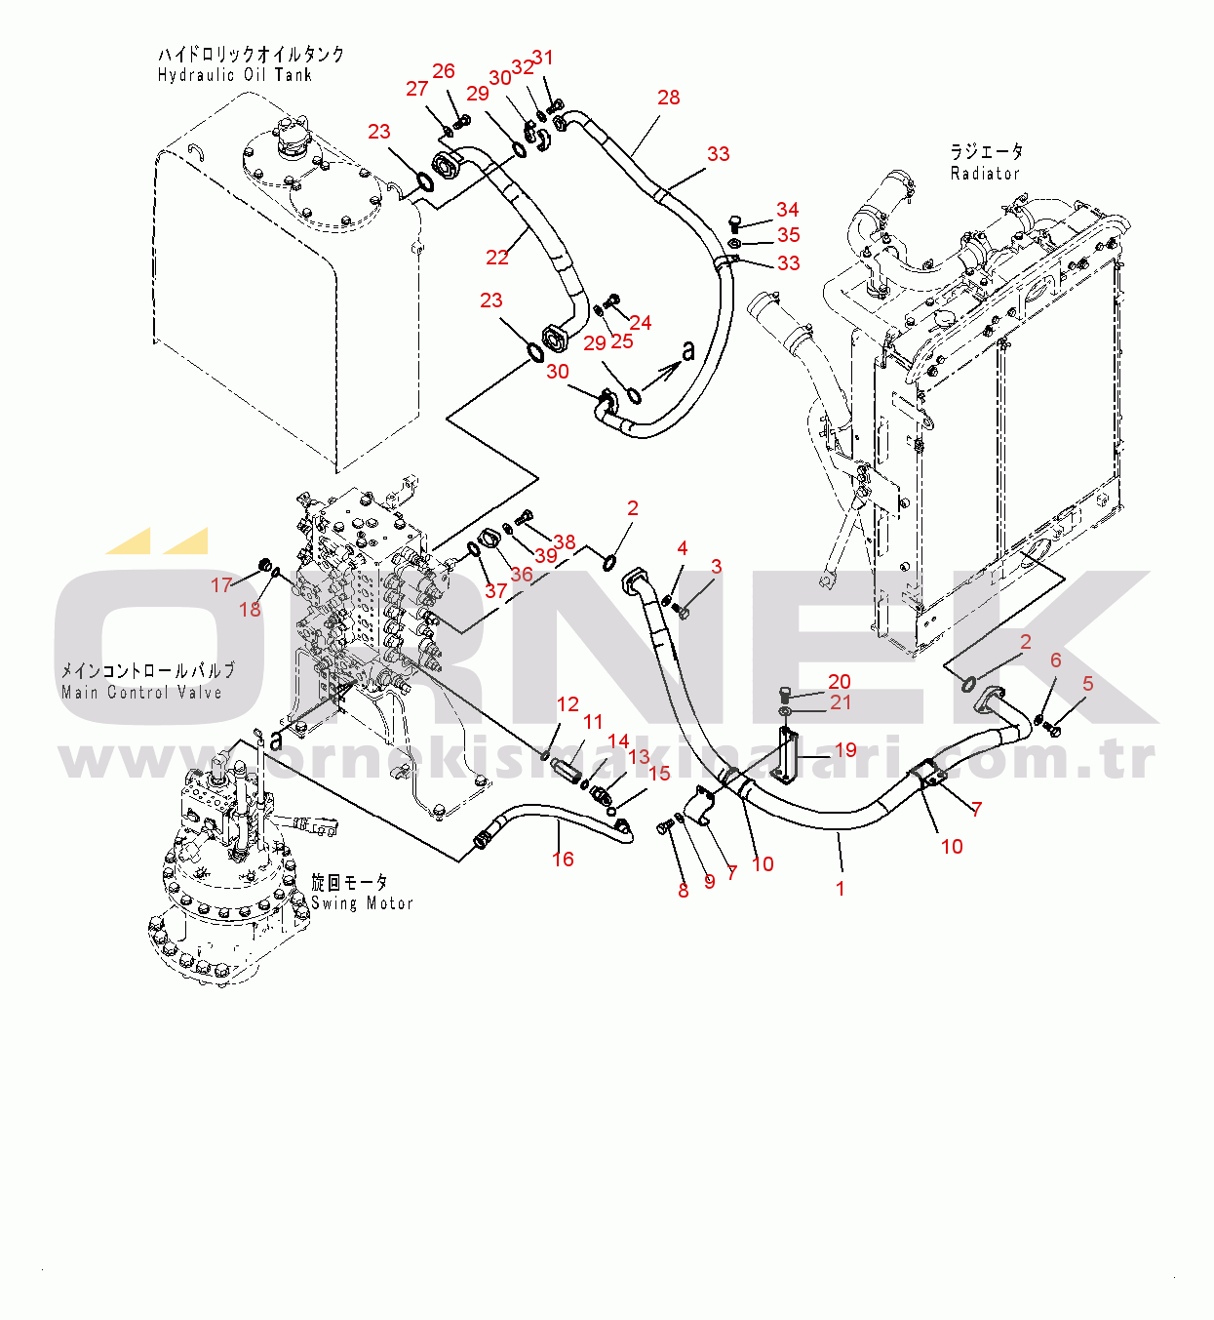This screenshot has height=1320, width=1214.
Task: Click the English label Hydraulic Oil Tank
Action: (x=234, y=75)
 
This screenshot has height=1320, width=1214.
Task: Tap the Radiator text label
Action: (x=984, y=173)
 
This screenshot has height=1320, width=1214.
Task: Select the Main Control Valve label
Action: (x=141, y=692)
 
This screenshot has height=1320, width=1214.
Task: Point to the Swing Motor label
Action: (x=362, y=902)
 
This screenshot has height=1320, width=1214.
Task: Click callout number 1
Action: (x=840, y=889)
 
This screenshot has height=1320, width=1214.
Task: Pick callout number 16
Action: (x=563, y=859)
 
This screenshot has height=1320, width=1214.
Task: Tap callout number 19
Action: (x=845, y=749)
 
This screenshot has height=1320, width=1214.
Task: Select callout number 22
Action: (x=496, y=257)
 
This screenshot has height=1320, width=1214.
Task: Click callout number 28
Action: (x=669, y=98)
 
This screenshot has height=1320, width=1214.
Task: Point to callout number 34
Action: (x=788, y=209)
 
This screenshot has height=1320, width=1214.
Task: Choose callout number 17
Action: (x=221, y=584)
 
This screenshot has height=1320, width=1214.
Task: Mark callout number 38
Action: (x=564, y=541)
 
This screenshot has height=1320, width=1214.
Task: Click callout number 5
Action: (x=1087, y=683)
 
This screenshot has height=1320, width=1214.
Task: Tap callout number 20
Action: (x=839, y=681)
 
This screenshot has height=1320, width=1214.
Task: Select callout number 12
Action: (x=568, y=704)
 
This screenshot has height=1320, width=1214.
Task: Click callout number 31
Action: (x=543, y=58)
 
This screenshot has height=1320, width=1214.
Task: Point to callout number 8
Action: (x=683, y=891)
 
